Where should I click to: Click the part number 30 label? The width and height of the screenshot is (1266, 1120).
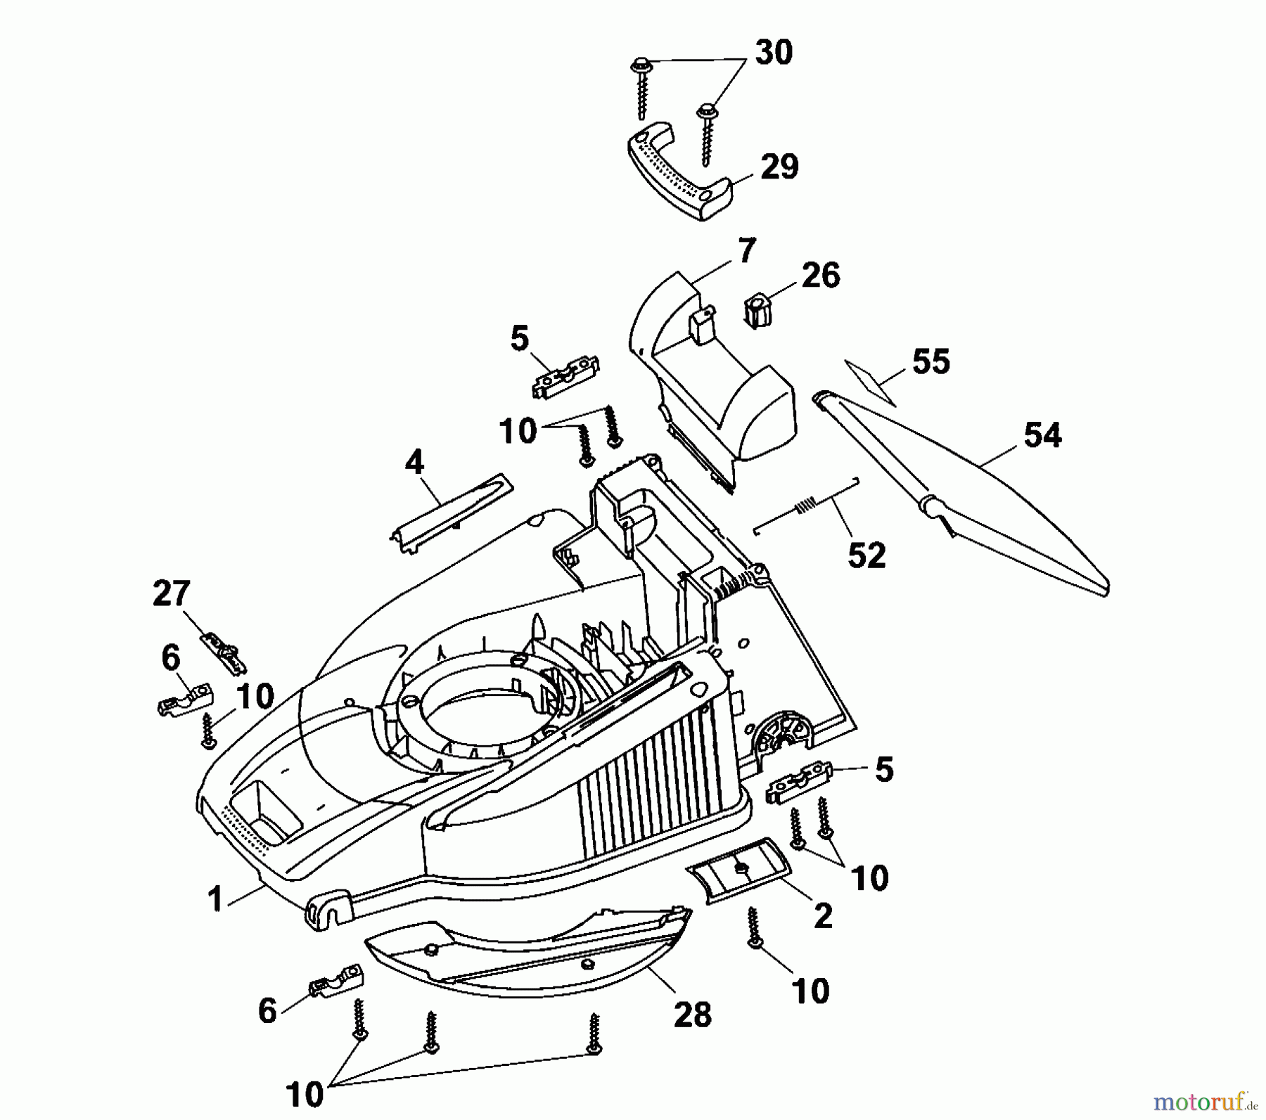774,53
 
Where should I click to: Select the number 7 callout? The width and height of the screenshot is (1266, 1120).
746,250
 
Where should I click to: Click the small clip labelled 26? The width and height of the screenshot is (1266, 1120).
755,312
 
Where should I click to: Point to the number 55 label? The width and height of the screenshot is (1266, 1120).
931,361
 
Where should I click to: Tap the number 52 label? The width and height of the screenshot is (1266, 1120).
867,555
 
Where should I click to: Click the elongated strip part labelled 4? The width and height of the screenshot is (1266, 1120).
450,512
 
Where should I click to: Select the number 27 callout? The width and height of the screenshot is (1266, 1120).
172,595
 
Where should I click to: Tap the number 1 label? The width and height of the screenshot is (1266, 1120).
215,899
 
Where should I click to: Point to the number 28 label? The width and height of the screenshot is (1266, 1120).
692,1015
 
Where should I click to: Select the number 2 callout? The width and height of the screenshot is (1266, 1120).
822,915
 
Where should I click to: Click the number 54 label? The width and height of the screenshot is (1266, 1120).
1042,436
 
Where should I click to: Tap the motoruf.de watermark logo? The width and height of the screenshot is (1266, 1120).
1198,1100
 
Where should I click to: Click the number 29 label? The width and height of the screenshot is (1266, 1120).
780,167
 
